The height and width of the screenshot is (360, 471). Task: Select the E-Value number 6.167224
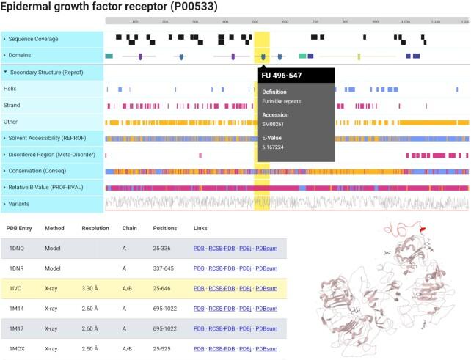(x=274, y=147)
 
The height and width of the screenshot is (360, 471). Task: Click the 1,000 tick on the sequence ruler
(x=406, y=22)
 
